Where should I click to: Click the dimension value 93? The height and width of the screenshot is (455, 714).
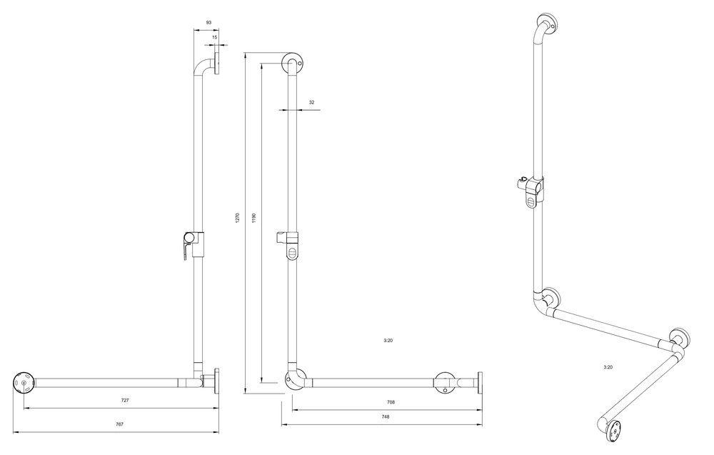pos(208,22)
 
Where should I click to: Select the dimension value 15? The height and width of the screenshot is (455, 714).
pos(214,37)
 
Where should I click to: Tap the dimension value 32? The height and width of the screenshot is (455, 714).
pos(311,102)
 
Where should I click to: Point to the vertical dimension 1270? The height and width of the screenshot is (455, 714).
pos(237,218)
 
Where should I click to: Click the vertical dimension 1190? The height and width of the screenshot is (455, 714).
pos(254,219)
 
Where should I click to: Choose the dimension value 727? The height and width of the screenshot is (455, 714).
pos(125,400)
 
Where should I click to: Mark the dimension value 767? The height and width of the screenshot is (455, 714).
pos(119,424)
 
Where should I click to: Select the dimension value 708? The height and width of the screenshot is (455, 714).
pos(391,402)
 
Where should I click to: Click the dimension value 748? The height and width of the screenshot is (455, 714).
pos(386,416)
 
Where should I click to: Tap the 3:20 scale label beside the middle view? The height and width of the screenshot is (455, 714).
pos(388,340)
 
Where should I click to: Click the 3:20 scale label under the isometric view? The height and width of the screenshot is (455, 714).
pos(608,366)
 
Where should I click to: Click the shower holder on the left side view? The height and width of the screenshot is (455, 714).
pos(193,245)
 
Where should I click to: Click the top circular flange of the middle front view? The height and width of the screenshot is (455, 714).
pos(292,64)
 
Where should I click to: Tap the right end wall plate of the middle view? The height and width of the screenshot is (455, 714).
pos(480,383)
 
